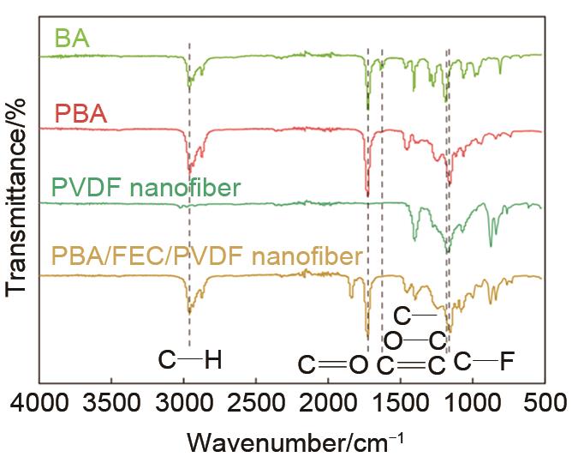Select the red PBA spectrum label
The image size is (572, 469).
coord(80,112)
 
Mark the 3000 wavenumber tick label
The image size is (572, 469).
coord(183,404)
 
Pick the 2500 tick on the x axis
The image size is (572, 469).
coord(255,404)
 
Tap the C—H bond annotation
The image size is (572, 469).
coord(190,361)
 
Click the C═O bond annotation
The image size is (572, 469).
coord(333,366)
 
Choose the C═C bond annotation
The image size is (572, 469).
coord(411,366)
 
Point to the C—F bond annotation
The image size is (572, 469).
coord(484,361)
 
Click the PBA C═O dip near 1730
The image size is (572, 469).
coord(367,192)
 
